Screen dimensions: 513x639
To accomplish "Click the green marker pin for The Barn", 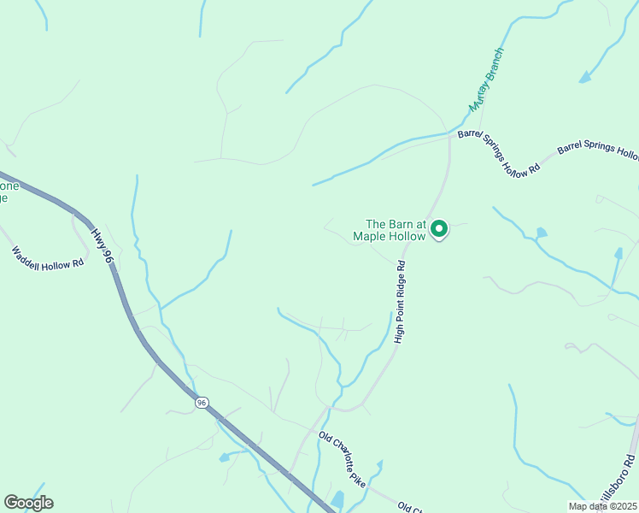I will pos(439,229).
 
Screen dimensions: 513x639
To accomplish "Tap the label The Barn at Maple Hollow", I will pos(395,230).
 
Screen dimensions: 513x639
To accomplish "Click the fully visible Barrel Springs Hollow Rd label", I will pos(500,151).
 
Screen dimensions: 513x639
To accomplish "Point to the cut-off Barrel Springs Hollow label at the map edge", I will pos(598,151).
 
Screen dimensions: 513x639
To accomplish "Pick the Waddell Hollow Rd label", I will pos(48,257).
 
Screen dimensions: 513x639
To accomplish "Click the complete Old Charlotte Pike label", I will pos(343,461).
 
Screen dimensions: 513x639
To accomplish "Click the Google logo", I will pos(28,503).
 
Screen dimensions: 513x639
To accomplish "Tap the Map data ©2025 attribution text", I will pos(602,506).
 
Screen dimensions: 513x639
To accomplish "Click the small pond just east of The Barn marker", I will pos(541,233).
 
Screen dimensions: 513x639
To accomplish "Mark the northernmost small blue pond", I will pos(584,79).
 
